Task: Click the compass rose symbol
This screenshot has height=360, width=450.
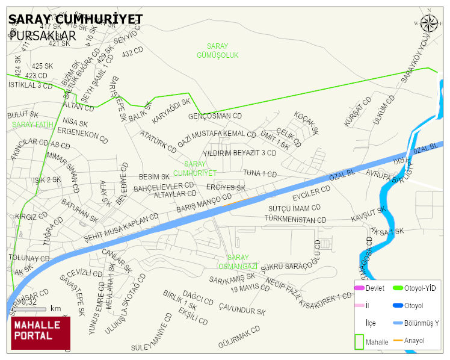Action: pyautogui.click(x=429, y=23)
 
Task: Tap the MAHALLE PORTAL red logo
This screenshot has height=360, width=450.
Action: pyautogui.click(x=40, y=333)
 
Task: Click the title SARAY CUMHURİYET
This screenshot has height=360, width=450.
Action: pyautogui.click(x=76, y=19)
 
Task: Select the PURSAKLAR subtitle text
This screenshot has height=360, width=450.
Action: pyautogui.click(x=43, y=35)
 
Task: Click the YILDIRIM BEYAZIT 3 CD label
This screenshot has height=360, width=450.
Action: pyautogui.click(x=239, y=153)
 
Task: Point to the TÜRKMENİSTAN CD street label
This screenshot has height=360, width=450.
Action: pyautogui.click(x=295, y=220)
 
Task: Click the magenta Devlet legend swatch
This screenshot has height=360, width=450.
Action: pyautogui.click(x=360, y=288)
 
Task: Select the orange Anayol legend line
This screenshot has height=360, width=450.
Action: pyautogui.click(x=398, y=341)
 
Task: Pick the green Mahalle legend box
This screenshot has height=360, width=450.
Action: pyautogui.click(x=359, y=341)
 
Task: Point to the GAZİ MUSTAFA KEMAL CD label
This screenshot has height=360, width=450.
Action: pyautogui.click(x=217, y=139)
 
